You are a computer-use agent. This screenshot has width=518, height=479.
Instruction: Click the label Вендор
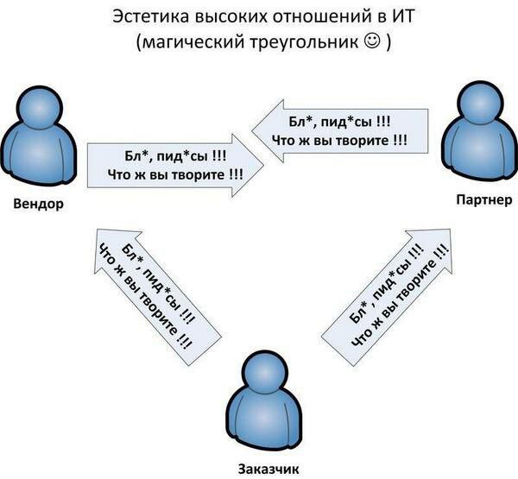pos(38,204)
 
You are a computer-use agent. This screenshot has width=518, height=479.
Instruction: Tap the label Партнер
pos(484,199)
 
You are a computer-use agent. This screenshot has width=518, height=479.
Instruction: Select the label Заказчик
pos(268,469)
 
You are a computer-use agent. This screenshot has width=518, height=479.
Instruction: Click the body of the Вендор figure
pos(39,155)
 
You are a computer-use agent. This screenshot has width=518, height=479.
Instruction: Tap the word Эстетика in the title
pos(150,16)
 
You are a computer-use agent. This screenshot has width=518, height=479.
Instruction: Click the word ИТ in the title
pos(403,16)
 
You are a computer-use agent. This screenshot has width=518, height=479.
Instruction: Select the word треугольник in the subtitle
pos(304,42)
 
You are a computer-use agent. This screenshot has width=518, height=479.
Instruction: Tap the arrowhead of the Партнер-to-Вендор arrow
pos(268,131)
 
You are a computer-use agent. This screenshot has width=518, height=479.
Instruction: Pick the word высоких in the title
pos(231,16)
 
